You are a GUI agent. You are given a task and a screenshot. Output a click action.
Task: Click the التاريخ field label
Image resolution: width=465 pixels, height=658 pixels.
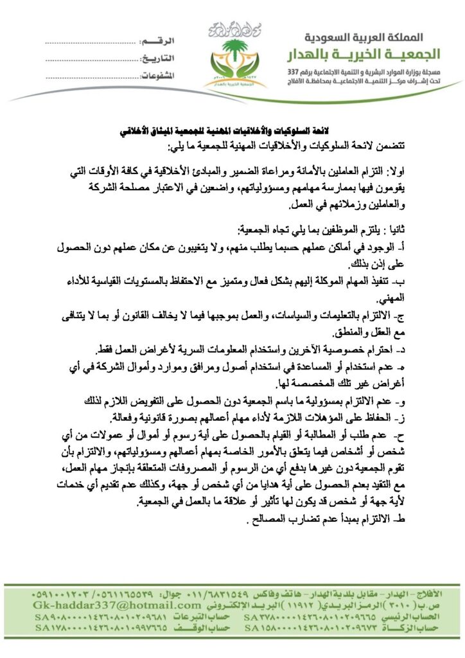157,58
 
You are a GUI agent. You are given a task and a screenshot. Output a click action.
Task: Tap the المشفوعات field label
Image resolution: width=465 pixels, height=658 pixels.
157,75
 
